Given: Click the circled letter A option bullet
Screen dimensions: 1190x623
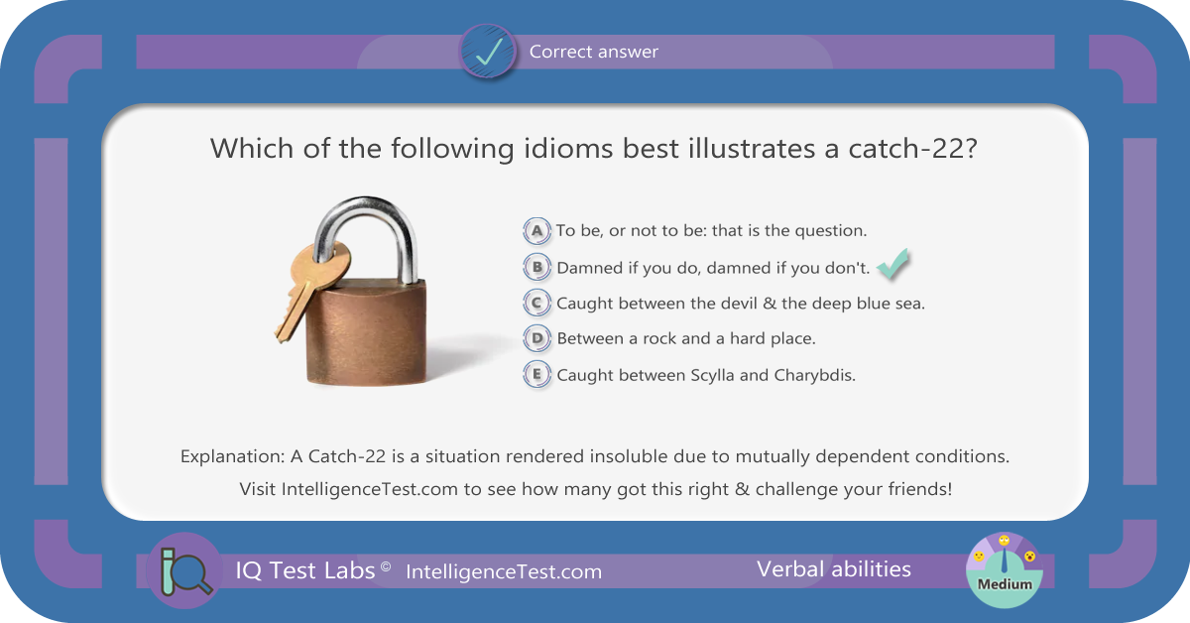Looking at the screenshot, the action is pos(536,231).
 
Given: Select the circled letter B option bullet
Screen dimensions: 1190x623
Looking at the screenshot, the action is pos(536,268).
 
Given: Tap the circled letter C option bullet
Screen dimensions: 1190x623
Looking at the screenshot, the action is pos(536,303).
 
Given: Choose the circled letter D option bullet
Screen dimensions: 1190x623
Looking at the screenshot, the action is pos(536,338).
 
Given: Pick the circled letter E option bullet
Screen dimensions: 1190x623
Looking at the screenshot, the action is pos(536,375).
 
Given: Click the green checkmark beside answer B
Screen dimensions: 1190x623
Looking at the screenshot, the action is pos(893,264).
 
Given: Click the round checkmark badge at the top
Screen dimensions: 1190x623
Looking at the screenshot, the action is pos(487,52).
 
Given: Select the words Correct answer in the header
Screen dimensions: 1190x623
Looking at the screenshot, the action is pos(593,52).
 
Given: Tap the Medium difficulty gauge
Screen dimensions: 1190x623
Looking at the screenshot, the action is pos(1004,570).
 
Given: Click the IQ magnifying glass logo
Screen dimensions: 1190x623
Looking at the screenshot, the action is pos(184,570).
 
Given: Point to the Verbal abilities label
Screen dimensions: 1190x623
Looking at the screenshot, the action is pos(834,569).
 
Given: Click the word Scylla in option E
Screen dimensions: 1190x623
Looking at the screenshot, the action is pos(712,375).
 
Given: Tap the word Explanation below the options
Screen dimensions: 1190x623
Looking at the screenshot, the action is pos(233,456).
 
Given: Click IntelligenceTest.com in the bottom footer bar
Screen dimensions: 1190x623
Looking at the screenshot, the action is pos(504,572).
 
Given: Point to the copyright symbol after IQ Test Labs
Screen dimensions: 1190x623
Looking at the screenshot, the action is pos(386,566).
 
